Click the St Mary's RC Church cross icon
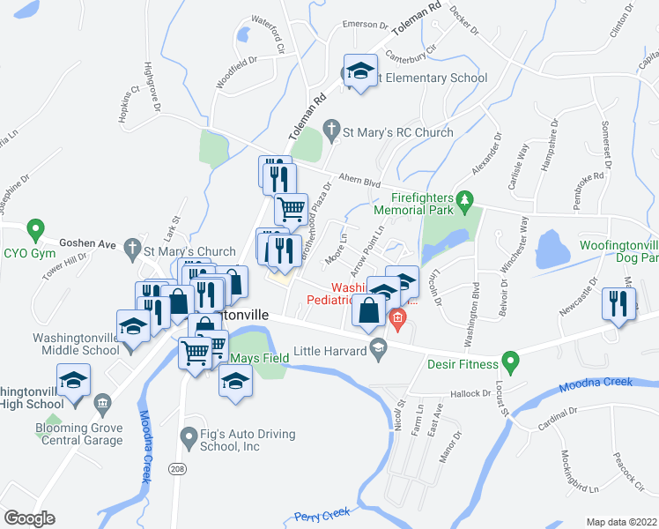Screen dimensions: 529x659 click(x=331, y=132)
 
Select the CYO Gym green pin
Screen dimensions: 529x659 click(x=35, y=230)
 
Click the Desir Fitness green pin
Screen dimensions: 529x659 click(x=508, y=362)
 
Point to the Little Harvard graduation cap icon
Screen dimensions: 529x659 click(x=378, y=350)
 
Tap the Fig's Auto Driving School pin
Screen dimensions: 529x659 click(x=186, y=436)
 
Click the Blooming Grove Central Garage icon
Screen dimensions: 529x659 click(x=103, y=405)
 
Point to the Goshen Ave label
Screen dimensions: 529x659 click(x=88, y=242)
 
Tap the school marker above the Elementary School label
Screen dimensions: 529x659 click(x=359, y=71)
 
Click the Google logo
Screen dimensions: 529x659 click(x=30, y=518)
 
